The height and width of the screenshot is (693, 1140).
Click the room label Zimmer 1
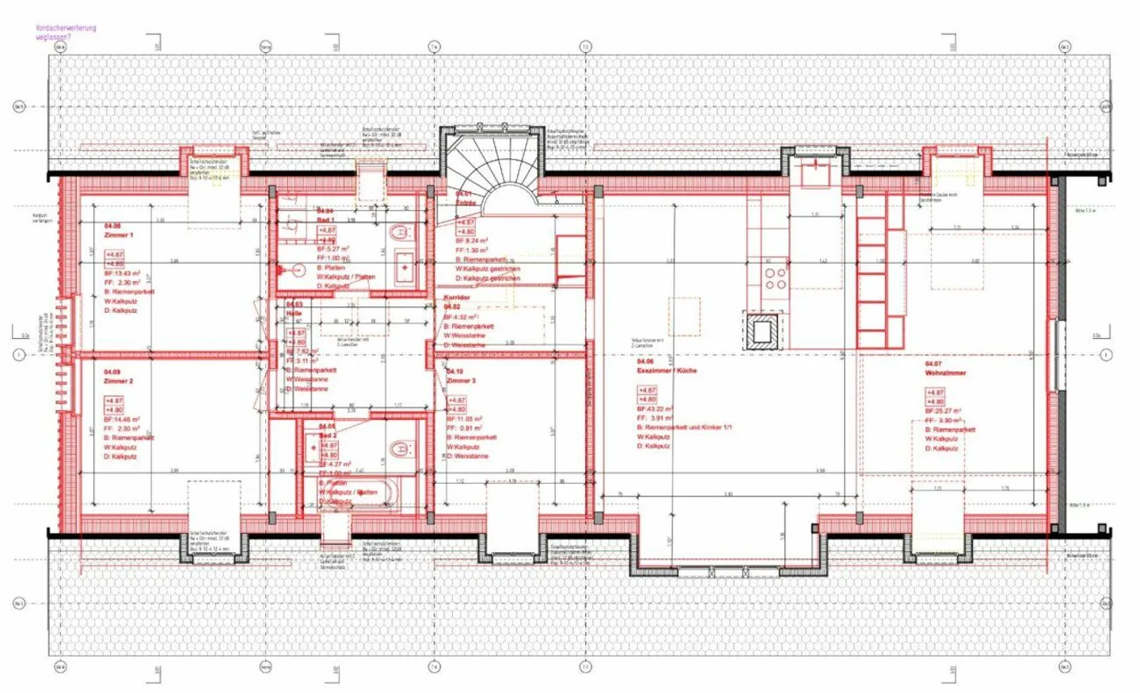click(x=119, y=235)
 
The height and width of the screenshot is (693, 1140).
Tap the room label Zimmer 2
click(x=119, y=381)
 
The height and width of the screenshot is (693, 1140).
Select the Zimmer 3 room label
click(x=462, y=380)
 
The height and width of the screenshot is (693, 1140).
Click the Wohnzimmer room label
click(x=945, y=373)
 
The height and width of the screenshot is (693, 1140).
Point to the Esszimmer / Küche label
click(x=667, y=371)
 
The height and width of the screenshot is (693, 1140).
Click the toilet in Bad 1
click(x=401, y=233)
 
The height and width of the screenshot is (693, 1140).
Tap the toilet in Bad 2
click(x=401, y=449)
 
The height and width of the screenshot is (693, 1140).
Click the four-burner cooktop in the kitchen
click(x=775, y=278)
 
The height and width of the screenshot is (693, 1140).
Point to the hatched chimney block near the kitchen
click(x=762, y=331)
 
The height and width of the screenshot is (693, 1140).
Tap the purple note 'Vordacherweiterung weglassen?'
click(x=66, y=32)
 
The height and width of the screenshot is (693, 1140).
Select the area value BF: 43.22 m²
click(x=655, y=409)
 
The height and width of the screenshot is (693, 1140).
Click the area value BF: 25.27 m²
click(x=943, y=411)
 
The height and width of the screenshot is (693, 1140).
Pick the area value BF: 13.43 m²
click(x=122, y=273)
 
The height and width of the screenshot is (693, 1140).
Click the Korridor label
click(x=457, y=298)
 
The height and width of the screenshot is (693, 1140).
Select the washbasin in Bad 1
click(x=405, y=267)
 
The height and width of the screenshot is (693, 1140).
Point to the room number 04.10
click(x=454, y=371)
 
